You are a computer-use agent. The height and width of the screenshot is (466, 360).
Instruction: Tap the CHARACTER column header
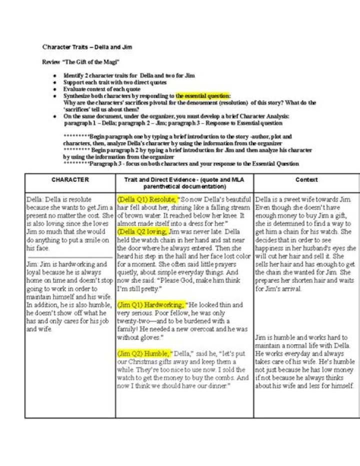pos(70,180)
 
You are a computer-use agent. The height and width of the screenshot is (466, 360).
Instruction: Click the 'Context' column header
pos(306,180)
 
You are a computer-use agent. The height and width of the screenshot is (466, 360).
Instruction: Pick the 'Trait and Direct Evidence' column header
pos(184,183)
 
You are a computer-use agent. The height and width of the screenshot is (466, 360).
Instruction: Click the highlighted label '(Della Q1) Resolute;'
pos(146,199)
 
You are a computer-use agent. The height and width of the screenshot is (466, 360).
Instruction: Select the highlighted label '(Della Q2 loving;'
pos(142,232)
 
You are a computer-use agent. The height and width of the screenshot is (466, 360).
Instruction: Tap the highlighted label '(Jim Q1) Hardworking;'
pos(150,304)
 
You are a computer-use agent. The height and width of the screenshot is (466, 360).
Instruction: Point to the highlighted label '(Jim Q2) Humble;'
pos(144,353)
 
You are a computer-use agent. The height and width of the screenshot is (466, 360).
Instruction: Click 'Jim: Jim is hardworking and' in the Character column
pos(66,264)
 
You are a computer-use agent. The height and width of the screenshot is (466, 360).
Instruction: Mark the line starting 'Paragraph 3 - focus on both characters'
pos(184,164)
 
